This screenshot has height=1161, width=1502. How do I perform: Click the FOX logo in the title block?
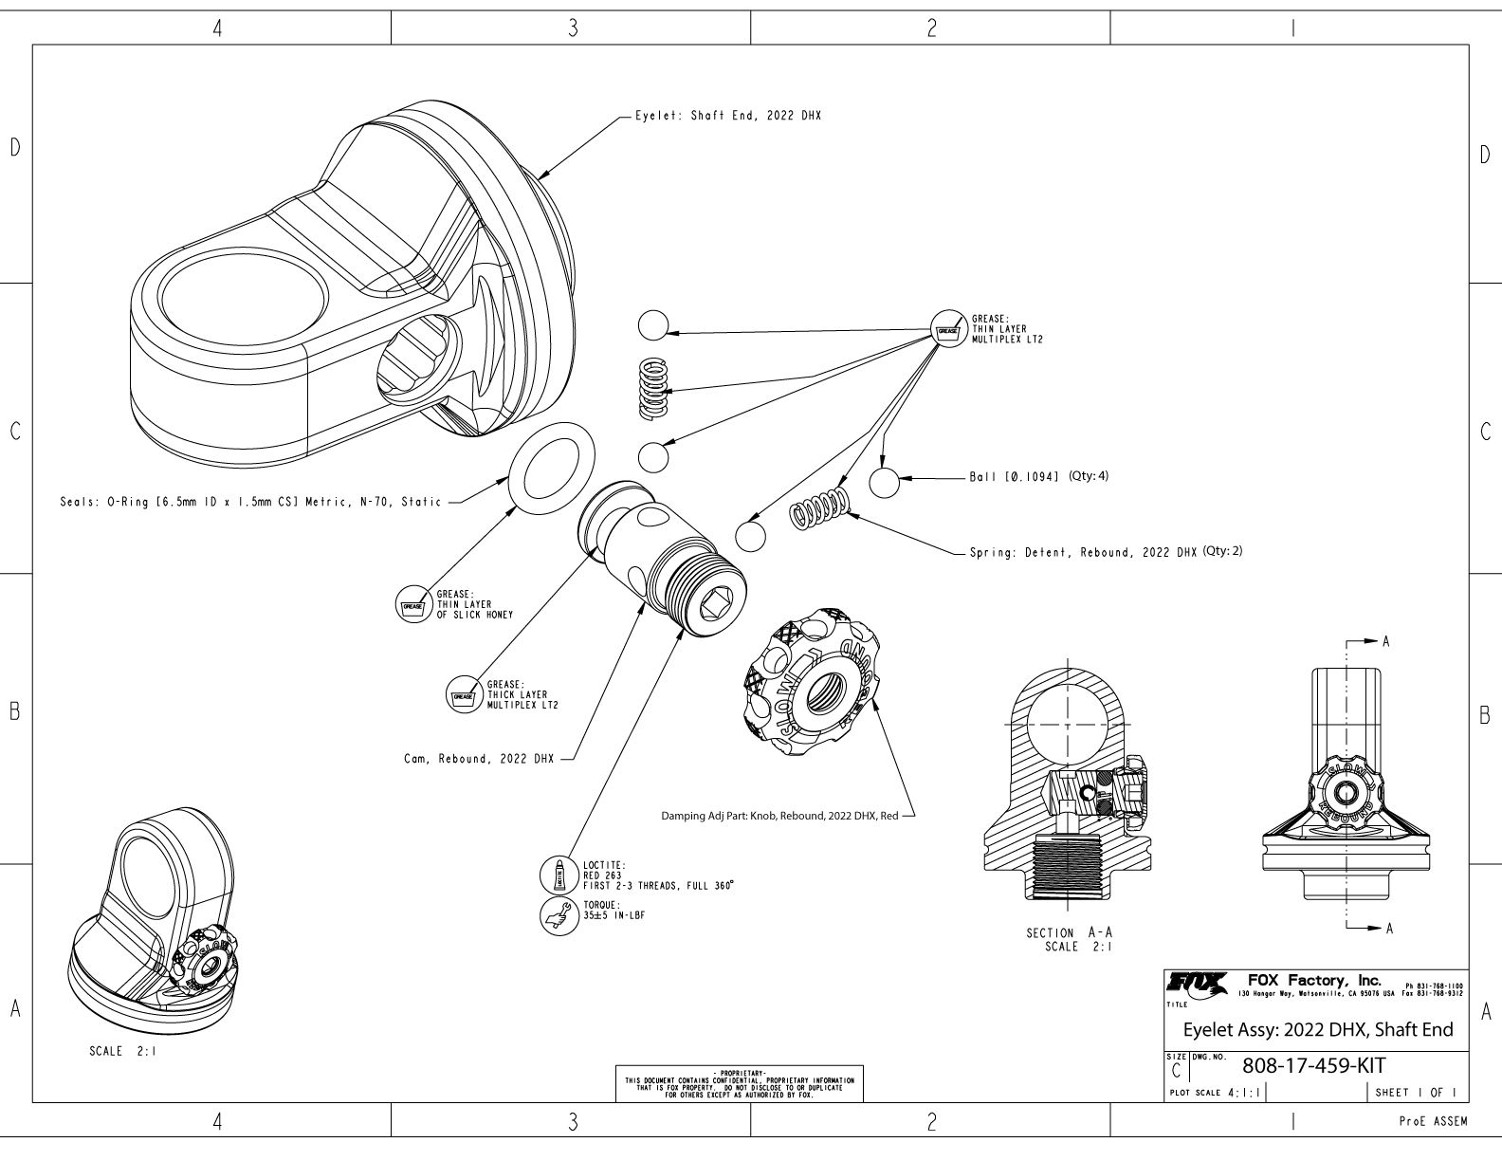(x=1197, y=982)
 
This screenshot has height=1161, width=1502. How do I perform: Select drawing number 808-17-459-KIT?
(x=1311, y=1066)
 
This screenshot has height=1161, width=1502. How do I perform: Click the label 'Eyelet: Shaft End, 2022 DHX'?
(x=727, y=116)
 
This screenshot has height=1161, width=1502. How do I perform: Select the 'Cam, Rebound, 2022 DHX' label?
(x=474, y=759)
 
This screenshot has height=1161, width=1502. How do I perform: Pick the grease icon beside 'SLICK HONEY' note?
(x=412, y=604)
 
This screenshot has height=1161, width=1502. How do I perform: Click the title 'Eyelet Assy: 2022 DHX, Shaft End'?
(x=1318, y=1030)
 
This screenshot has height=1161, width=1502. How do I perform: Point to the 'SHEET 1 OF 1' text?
(x=1415, y=1093)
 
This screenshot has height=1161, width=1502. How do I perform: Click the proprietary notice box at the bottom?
(x=740, y=1083)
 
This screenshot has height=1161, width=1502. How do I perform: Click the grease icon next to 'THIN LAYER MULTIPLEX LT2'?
(x=946, y=327)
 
